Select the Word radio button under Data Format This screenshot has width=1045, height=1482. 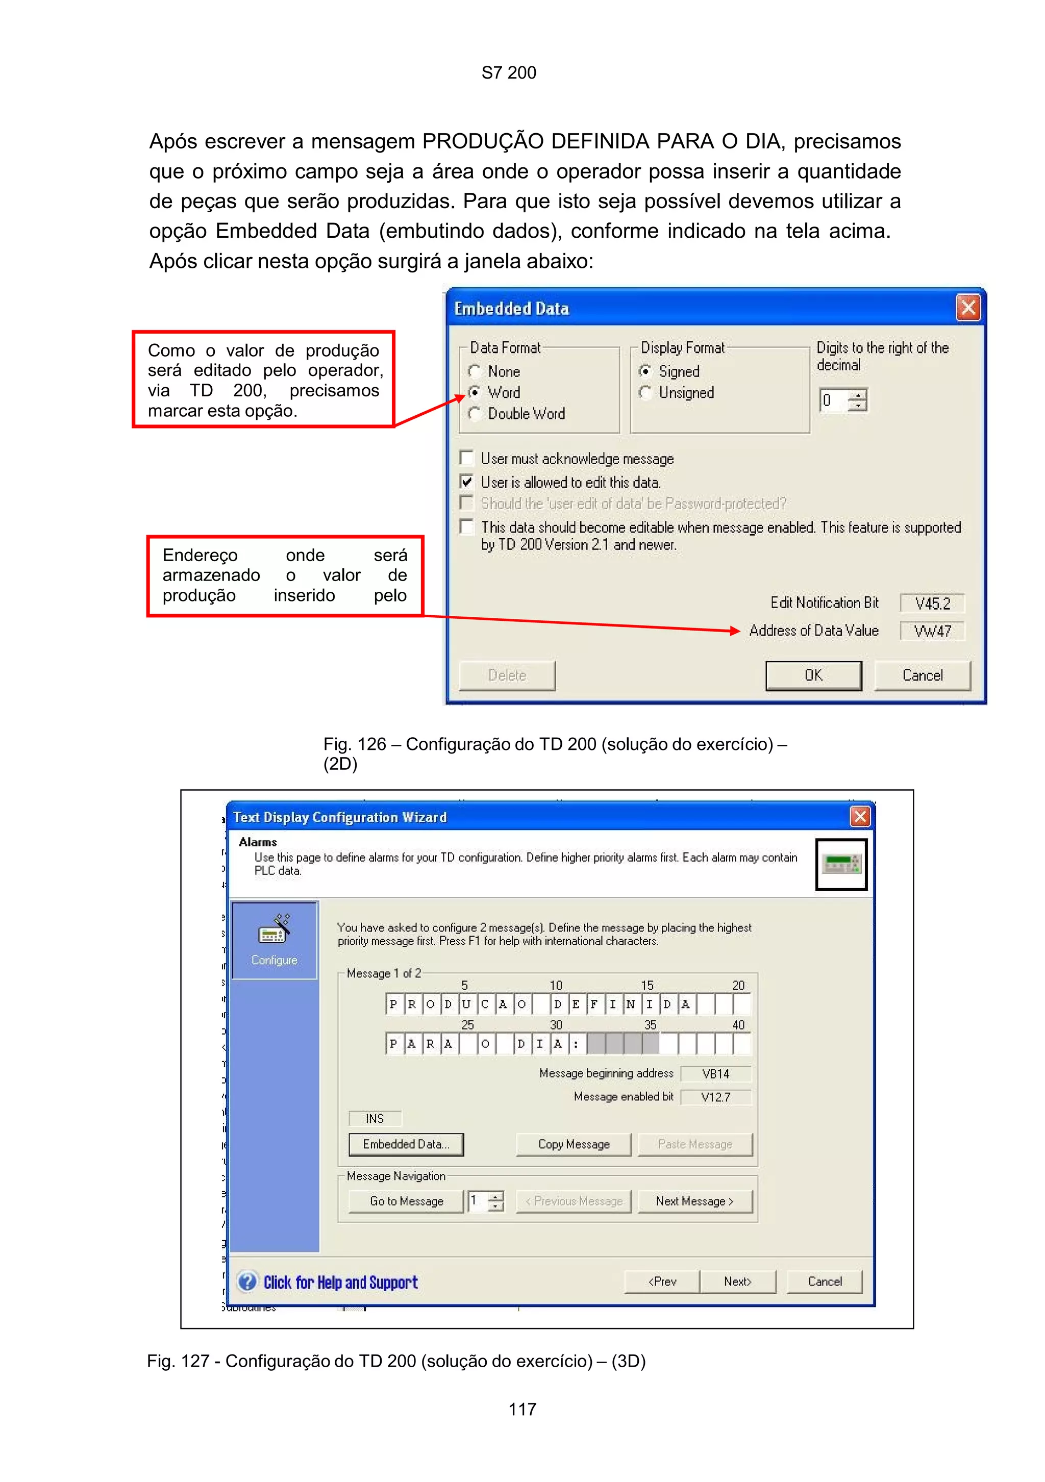(x=475, y=392)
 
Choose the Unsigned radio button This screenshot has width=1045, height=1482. (x=645, y=392)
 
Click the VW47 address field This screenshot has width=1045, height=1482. (x=932, y=631)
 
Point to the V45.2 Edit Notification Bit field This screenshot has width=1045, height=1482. (x=932, y=604)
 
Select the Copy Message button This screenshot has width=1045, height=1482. (x=573, y=1144)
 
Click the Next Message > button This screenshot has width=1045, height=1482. (x=694, y=1201)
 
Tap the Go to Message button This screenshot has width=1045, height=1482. (x=406, y=1201)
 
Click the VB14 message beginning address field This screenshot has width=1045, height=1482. (x=715, y=1074)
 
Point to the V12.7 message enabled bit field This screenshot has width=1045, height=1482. (x=715, y=1097)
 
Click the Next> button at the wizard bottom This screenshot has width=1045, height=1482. (x=737, y=1282)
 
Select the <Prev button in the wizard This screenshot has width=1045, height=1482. (x=662, y=1282)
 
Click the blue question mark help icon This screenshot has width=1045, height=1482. (x=247, y=1282)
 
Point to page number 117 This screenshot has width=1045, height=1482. (x=522, y=1409)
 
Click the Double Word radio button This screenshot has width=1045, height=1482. (x=475, y=414)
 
